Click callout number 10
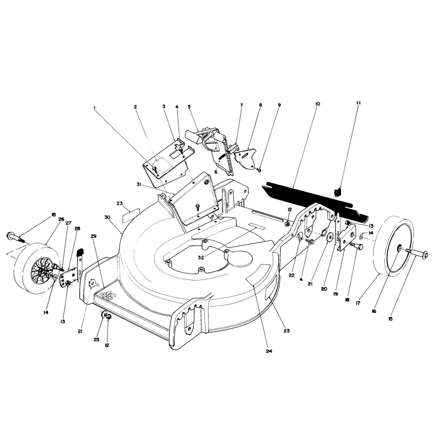tap(317, 104)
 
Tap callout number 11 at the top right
tap(359, 103)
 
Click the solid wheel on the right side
tap(394, 248)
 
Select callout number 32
tap(201, 258)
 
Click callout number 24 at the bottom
tap(269, 351)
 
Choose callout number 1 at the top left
tap(95, 107)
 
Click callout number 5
tap(189, 107)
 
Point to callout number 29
tap(94, 237)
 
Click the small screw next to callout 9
tap(259, 169)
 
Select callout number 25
tap(97, 339)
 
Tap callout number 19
tap(335, 294)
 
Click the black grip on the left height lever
tap(80, 252)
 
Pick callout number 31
tap(139, 184)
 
